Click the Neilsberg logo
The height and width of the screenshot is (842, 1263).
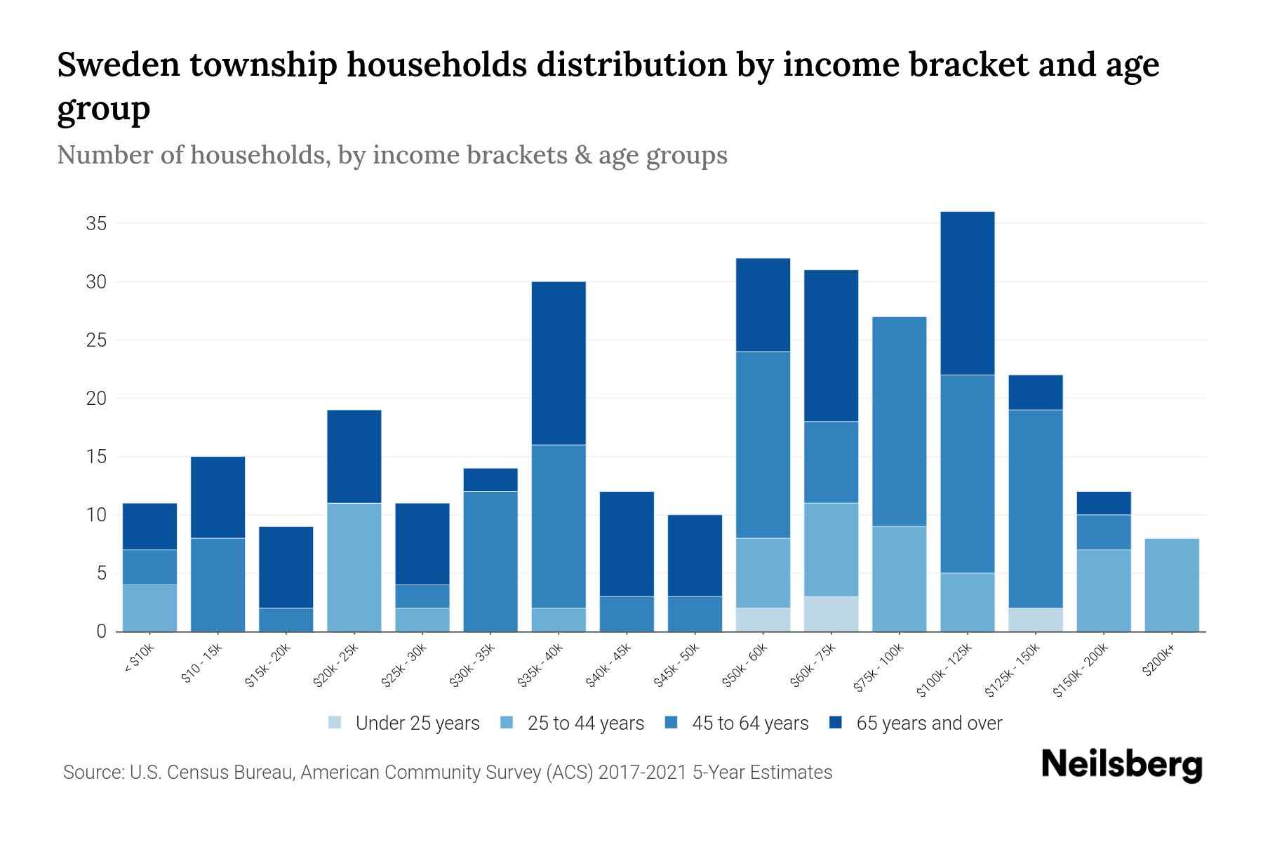point(1121,765)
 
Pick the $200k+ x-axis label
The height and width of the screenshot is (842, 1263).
point(1159,662)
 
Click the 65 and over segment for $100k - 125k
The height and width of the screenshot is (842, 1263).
point(968,293)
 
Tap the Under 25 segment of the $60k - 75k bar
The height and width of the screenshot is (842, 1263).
point(831,614)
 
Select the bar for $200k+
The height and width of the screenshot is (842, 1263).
point(1172,585)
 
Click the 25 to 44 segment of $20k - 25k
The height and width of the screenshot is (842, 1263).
point(354,567)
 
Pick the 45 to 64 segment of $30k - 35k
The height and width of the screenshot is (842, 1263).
point(490,561)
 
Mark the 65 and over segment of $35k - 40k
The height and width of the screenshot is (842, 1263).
point(559,363)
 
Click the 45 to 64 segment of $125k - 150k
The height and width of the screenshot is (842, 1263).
point(1036,509)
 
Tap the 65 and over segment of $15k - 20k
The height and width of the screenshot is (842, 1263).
point(286,567)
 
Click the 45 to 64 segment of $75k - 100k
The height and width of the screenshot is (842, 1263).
point(900,422)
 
